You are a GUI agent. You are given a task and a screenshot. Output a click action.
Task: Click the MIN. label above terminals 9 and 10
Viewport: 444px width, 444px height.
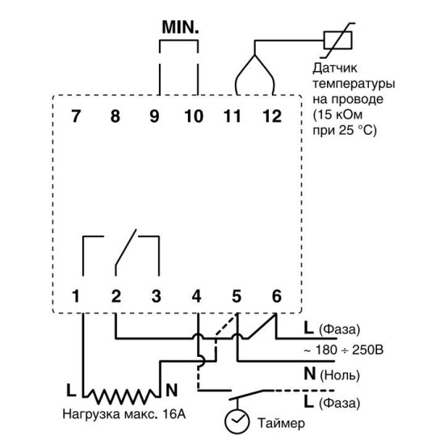[180, 27]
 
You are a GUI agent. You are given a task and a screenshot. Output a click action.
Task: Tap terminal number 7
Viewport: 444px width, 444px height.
[76, 116]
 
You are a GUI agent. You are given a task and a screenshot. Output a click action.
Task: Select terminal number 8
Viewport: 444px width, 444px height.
[115, 116]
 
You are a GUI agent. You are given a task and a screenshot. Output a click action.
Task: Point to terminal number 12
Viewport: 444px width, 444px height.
[272, 116]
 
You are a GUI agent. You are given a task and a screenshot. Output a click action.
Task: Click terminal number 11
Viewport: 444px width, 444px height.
[232, 116]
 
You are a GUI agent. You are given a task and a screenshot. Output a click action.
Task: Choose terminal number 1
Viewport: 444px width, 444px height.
[76, 296]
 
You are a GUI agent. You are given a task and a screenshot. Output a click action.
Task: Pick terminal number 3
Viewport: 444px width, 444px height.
[157, 296]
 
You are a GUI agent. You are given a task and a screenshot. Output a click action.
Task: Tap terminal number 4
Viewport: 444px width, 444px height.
[196, 296]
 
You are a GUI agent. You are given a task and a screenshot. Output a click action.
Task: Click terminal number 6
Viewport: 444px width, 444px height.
[277, 296]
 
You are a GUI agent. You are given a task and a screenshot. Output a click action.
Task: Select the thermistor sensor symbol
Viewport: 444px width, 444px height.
[337, 40]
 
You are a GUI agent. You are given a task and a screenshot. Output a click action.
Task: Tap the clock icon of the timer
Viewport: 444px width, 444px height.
[237, 421]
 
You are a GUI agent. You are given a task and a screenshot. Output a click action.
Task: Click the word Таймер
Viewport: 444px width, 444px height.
[281, 423]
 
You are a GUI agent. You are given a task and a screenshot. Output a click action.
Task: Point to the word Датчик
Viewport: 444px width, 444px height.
[335, 69]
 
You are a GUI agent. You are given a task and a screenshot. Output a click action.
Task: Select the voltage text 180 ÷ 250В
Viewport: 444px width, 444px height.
[350, 350]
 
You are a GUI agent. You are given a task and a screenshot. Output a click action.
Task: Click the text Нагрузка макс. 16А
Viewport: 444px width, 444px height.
[124, 414]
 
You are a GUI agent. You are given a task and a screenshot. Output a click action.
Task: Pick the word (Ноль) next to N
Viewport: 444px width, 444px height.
[340, 375]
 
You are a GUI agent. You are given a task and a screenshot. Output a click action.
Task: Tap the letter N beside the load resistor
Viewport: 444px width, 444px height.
[171, 390]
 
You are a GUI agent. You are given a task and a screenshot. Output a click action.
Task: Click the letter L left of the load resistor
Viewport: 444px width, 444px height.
[71, 390]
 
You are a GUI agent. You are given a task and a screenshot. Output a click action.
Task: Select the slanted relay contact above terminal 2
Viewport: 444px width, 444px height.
[126, 248]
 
